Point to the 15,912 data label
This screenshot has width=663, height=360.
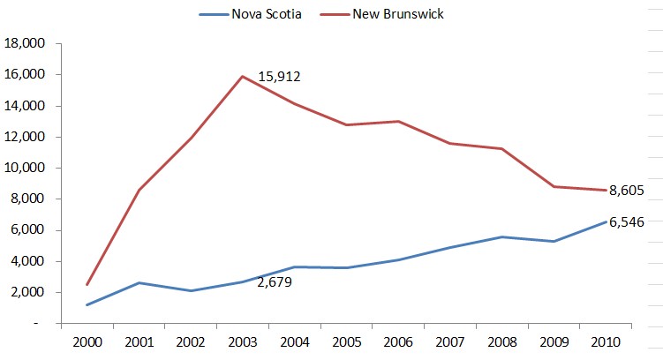click(280, 77)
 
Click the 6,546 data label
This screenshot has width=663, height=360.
click(626, 222)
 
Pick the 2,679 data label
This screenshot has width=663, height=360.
click(274, 282)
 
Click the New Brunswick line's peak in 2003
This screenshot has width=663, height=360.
click(242, 77)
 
